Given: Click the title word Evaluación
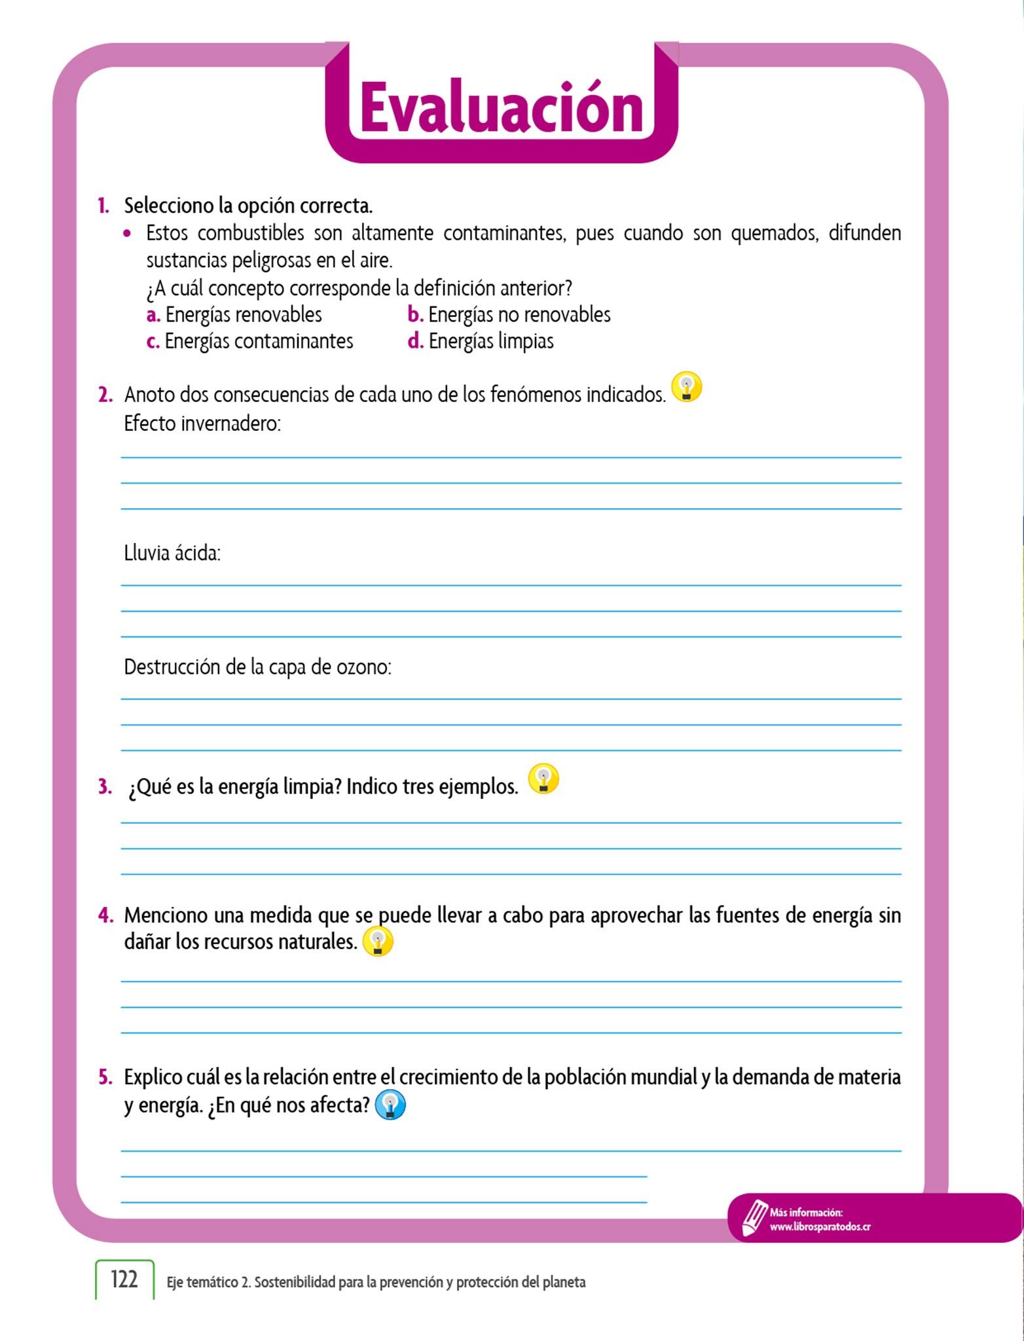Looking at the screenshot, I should pyautogui.click(x=502, y=108).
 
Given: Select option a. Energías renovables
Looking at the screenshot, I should pyautogui.click(x=234, y=315).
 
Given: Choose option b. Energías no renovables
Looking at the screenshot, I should pyautogui.click(x=509, y=315).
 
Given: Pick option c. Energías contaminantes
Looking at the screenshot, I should pyautogui.click(x=249, y=342).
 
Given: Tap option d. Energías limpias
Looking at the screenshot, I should pyautogui.click(x=481, y=342).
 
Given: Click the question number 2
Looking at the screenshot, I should pyautogui.click(x=105, y=395).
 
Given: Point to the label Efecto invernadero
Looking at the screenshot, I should pyautogui.click(x=202, y=424).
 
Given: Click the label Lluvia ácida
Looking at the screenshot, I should pyautogui.click(x=172, y=553).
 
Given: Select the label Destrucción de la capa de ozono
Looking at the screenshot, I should pyautogui.click(x=257, y=667).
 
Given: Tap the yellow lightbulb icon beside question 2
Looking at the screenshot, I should pyautogui.click(x=687, y=387).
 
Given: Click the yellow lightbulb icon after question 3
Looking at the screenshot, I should pyautogui.click(x=543, y=779).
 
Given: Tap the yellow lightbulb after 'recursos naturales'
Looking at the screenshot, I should pyautogui.click(x=378, y=942).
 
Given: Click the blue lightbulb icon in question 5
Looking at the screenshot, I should pyautogui.click(x=390, y=1105).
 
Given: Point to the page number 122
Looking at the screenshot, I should pyautogui.click(x=124, y=1279).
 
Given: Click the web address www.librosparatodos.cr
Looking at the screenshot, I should pyautogui.click(x=820, y=1227).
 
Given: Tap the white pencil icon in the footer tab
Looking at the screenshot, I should pyautogui.click(x=754, y=1217).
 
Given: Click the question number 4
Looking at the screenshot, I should pyautogui.click(x=105, y=915).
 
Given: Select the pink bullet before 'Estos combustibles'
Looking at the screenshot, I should pyautogui.click(x=127, y=233).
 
